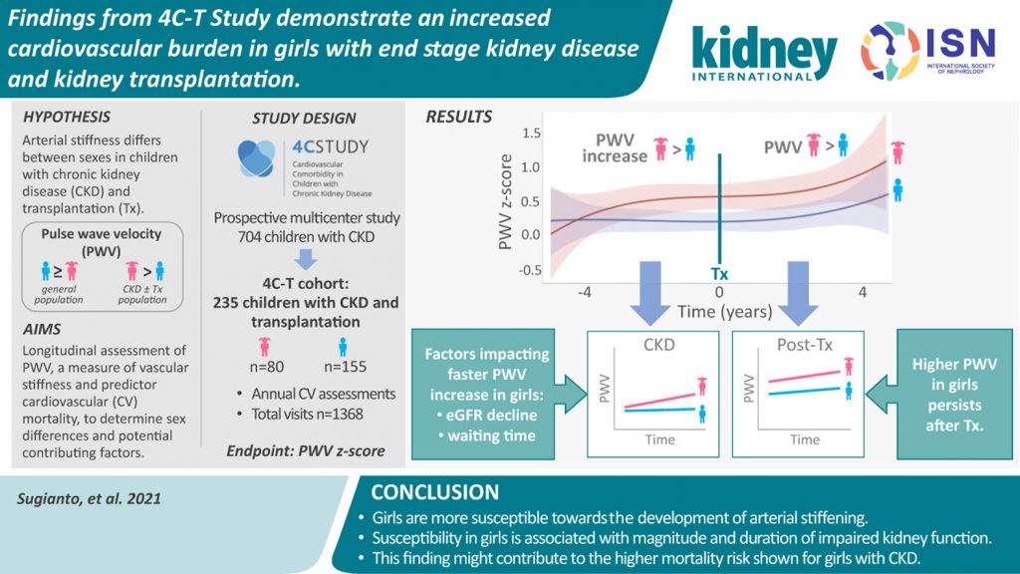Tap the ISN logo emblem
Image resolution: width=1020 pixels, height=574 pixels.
point(890,51)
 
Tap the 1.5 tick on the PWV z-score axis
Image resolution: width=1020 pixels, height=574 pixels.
point(531,133)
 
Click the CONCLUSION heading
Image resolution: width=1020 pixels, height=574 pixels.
point(434,492)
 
